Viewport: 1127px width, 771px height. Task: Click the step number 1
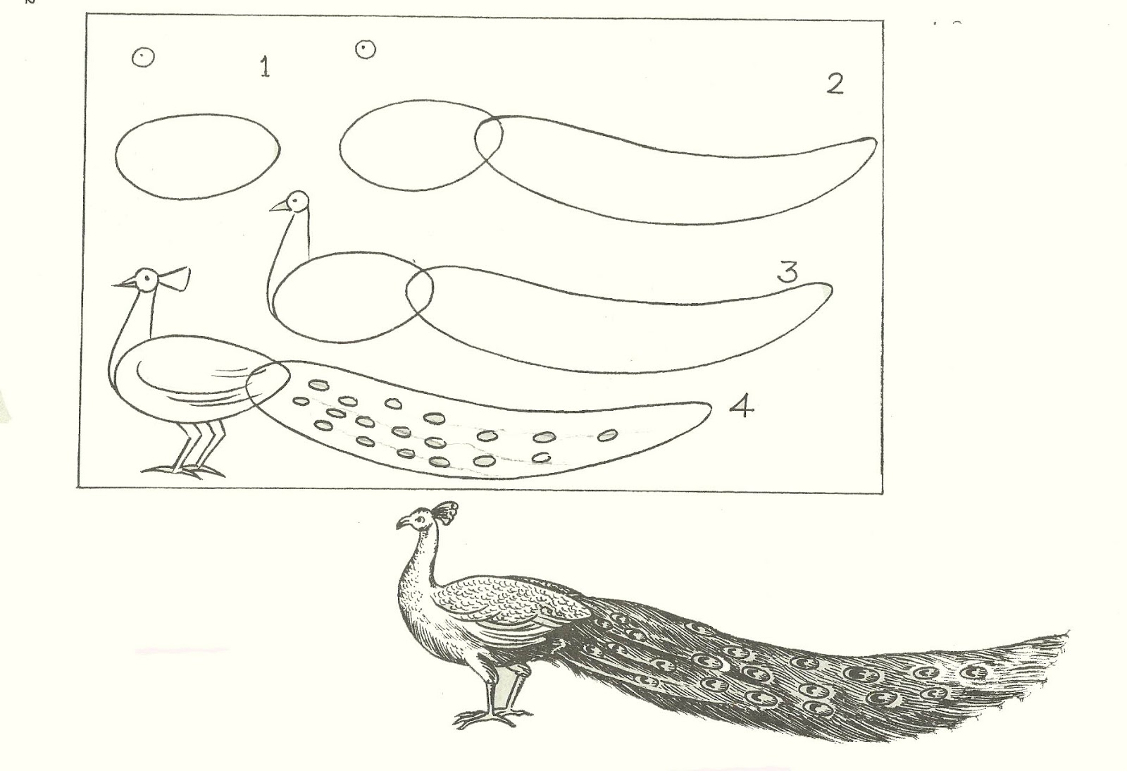[265, 68]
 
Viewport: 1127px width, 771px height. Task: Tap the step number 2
[835, 84]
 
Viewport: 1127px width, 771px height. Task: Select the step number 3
[787, 271]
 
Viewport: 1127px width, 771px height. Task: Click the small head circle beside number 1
[142, 57]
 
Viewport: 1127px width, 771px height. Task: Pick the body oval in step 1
[197, 156]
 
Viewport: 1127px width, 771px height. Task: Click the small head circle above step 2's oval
[365, 49]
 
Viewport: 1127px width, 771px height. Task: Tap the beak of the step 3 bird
[278, 206]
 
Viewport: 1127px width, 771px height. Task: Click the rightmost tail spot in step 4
[607, 436]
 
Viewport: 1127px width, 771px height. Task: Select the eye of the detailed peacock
[421, 521]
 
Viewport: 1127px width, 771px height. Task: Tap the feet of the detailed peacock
[486, 719]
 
